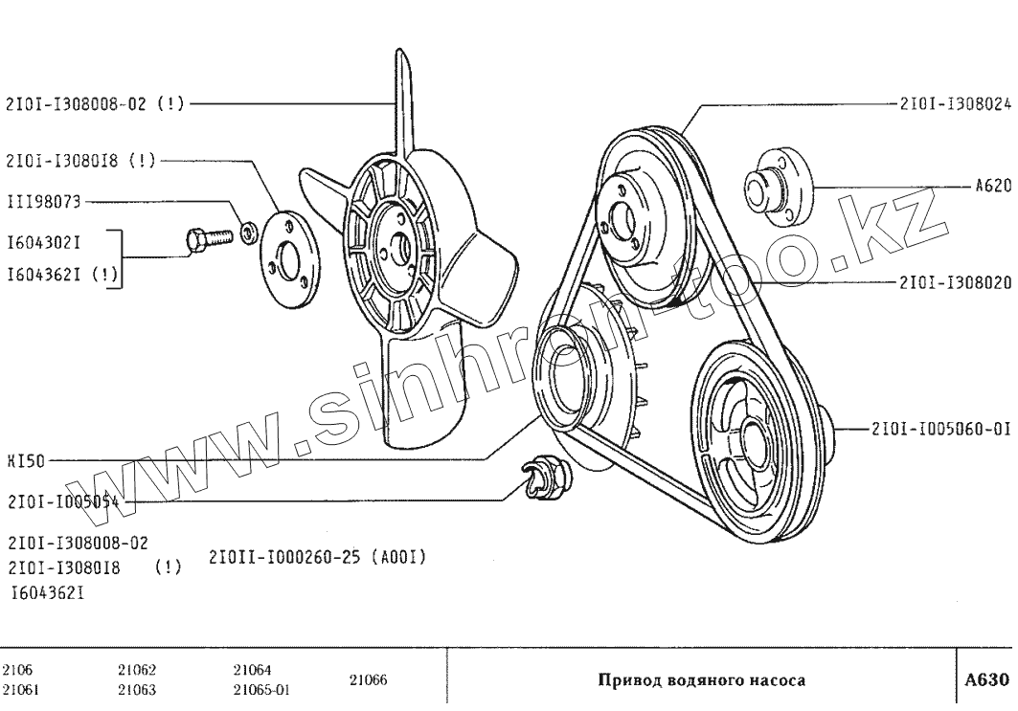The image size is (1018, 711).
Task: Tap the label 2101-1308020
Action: [x=955, y=283]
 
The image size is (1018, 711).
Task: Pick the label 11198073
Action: [x=43, y=202]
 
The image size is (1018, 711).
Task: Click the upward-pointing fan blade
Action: [x=405, y=96]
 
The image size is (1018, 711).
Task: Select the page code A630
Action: [x=986, y=680]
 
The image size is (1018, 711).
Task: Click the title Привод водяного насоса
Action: [x=702, y=681]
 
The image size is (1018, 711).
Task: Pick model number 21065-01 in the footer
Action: [x=261, y=689]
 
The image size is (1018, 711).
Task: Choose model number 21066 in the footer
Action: [x=368, y=680]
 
